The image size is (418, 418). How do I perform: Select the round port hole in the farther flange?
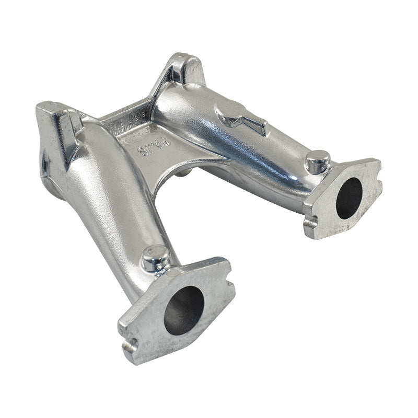(x=349, y=198)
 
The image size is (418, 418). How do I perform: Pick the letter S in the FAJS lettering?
(x=142, y=151)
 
